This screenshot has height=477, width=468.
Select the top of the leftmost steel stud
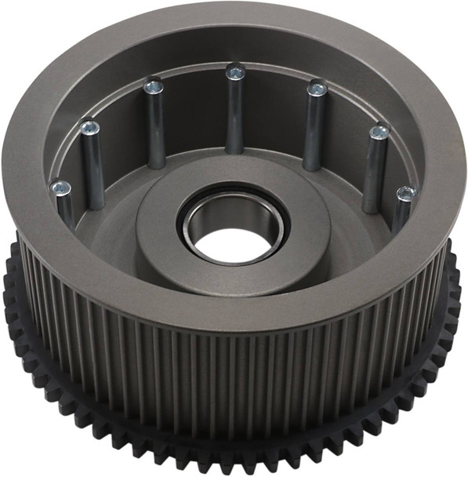[60, 188]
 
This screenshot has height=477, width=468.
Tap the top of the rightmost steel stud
[406, 192]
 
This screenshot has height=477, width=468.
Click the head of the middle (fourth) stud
[235, 72]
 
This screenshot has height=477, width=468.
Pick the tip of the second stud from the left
[90, 126]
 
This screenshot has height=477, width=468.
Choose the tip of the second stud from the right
[379, 131]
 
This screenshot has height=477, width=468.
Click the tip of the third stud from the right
[317, 89]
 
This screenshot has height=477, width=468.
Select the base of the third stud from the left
[157, 161]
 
